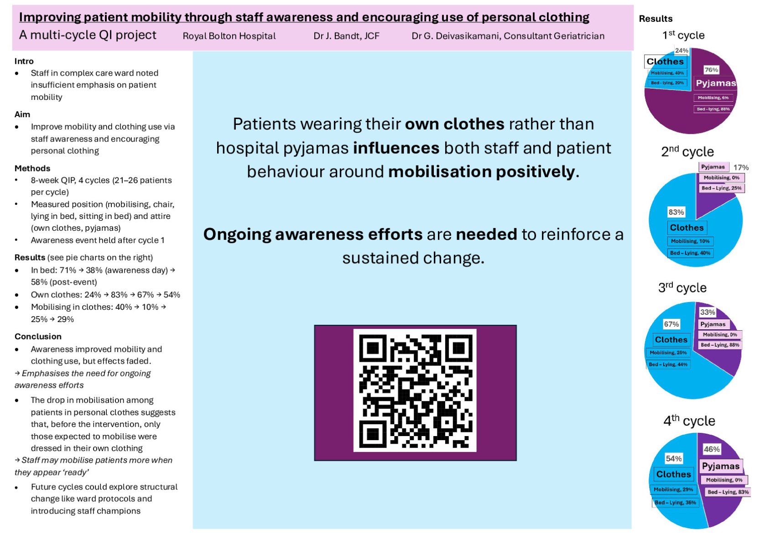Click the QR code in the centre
tap(415, 390)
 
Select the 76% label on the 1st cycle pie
tap(711, 70)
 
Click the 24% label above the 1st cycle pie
tap(682, 51)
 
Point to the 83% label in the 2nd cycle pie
tap(676, 212)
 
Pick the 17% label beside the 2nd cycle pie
tap(741, 167)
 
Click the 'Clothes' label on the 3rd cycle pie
tap(671, 339)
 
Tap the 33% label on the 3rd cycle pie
tap(707, 312)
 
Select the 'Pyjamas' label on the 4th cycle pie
tap(720, 466)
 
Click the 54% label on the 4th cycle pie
tap(673, 458)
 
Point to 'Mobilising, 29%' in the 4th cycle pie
tap(673, 489)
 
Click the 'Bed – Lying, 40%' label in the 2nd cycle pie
tap(690, 253)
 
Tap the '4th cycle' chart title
tap(689, 421)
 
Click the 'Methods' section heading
tap(32, 168)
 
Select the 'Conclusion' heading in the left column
tap(38, 336)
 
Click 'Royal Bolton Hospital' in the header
tap(229, 36)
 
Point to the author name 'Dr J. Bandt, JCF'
tap(346, 36)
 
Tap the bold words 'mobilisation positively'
tap(481, 172)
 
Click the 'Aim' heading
tap(22, 114)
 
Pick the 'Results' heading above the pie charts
tap(655, 19)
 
